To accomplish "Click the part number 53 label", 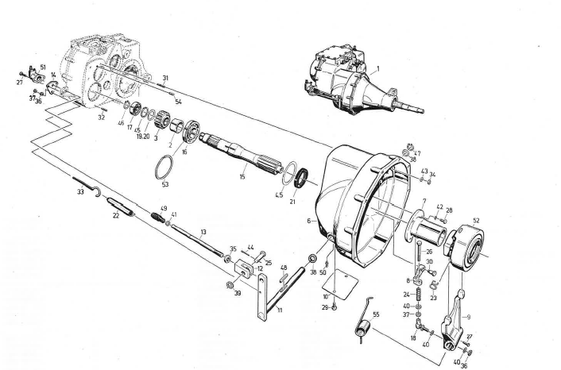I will (x=165, y=185).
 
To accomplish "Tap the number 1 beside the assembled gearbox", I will (x=379, y=69).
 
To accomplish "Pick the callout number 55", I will (x=377, y=315).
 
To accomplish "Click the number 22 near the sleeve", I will (x=116, y=215).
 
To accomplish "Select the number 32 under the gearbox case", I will (x=102, y=118).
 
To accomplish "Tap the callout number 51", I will (x=42, y=67).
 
